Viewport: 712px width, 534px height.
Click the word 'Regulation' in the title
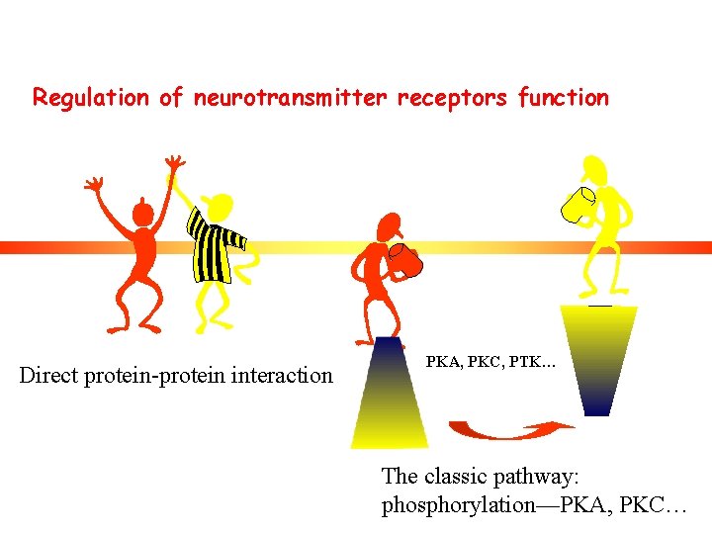92,98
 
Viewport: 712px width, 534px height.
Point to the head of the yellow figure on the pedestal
595,170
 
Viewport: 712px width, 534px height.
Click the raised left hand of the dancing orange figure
94,184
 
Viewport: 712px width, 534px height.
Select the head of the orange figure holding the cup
390,226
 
